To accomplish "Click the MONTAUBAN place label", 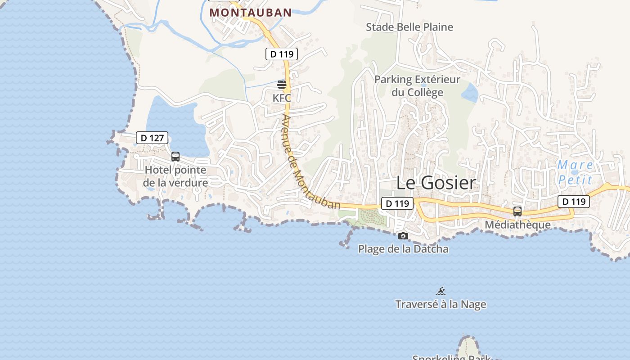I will pos(251,13).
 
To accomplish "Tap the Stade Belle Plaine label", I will pos(409,27).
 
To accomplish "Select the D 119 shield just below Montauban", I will pos(282,54).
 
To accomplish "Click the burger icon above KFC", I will pos(282,84).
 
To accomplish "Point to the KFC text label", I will pos(282,98).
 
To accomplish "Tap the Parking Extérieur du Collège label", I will pos(417,86).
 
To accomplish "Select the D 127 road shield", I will pos(152,138).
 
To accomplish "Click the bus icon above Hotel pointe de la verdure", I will pos(175,157).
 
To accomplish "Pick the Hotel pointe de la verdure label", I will pos(175,176).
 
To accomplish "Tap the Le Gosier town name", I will pos(436,183).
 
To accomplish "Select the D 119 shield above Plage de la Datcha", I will pos(397,203).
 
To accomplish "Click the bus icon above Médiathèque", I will pos(517,211).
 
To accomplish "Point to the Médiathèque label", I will pos(517,225).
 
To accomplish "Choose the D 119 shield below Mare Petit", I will pos(573,202).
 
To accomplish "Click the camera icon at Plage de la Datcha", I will pos(403,236).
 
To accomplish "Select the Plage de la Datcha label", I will pos(403,249).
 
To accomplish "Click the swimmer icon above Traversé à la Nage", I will pos(441,291).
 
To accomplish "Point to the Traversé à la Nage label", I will pos(441,305).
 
